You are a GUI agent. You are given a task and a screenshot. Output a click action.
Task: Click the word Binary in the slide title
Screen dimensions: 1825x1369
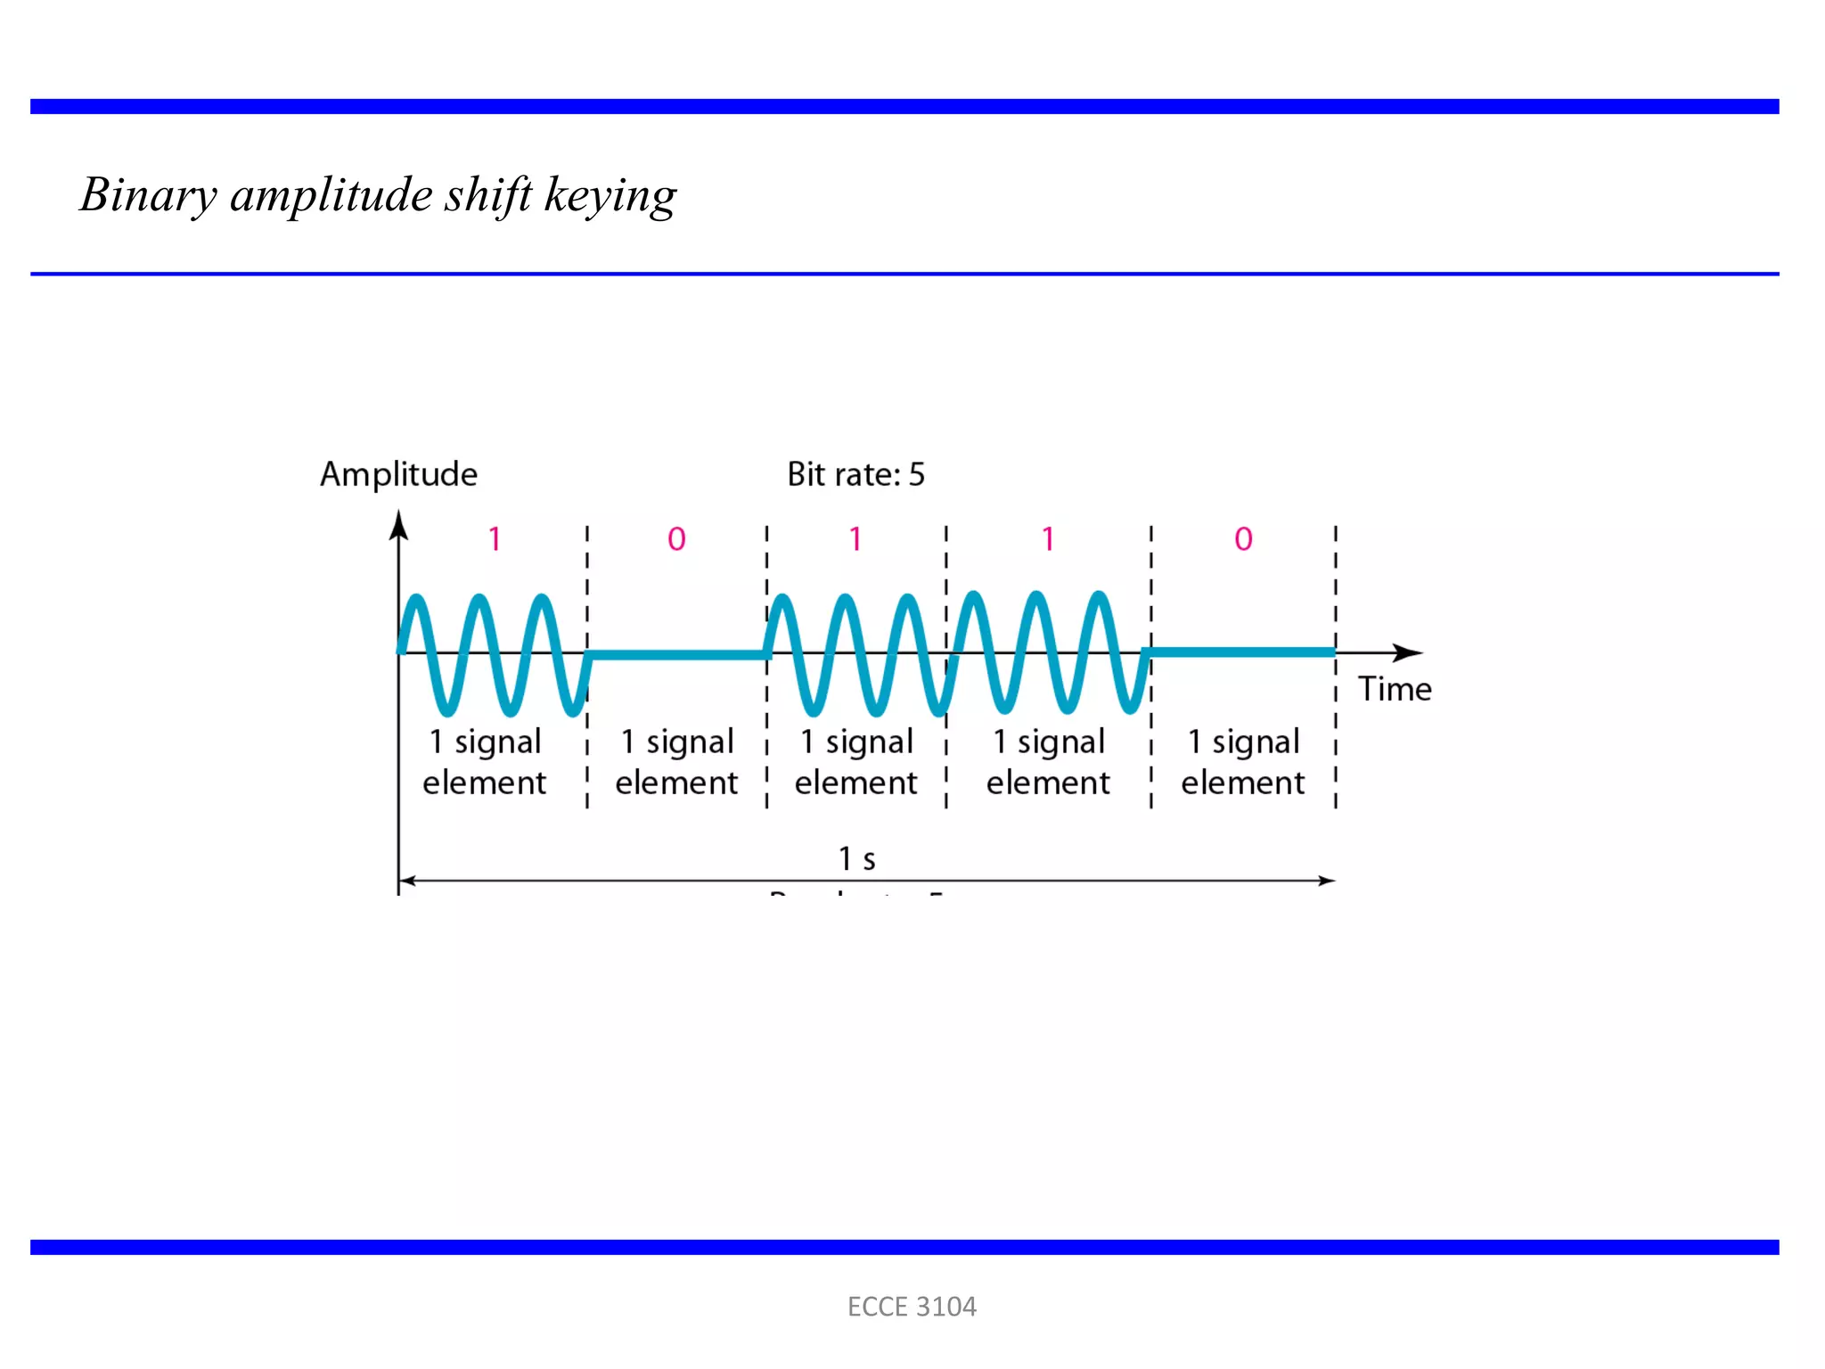(x=148, y=195)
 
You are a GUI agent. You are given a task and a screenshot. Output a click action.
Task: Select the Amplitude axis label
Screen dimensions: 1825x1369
(x=398, y=474)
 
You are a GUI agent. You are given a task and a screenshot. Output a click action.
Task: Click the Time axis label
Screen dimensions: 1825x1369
(x=1395, y=689)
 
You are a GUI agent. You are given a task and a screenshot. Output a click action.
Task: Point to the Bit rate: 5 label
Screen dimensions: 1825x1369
(x=855, y=474)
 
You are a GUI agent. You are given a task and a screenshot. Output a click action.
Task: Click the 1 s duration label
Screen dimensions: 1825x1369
(x=856, y=859)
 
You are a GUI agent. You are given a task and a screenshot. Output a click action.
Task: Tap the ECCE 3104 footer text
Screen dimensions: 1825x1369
(x=912, y=1307)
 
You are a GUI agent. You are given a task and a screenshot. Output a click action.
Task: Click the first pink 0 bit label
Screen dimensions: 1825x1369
(x=676, y=539)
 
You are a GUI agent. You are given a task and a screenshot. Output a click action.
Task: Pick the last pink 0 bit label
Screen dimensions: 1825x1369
(x=1243, y=539)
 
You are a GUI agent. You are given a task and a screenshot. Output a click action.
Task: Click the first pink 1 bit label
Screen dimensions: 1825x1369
(x=494, y=539)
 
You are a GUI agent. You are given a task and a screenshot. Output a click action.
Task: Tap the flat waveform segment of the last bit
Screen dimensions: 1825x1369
(x=1242, y=652)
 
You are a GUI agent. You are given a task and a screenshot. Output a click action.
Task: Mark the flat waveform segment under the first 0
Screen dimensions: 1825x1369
(x=677, y=655)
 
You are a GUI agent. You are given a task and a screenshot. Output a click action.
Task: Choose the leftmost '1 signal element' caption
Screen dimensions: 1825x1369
(x=485, y=762)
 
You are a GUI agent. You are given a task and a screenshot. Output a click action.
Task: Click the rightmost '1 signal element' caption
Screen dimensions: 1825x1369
(x=1243, y=762)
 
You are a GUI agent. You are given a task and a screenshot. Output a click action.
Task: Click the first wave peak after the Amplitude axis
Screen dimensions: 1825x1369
(x=416, y=600)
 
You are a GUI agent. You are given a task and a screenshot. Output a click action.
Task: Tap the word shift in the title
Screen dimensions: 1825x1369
(x=488, y=195)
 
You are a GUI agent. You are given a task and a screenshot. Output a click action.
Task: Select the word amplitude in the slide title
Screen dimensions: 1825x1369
(x=331, y=195)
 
